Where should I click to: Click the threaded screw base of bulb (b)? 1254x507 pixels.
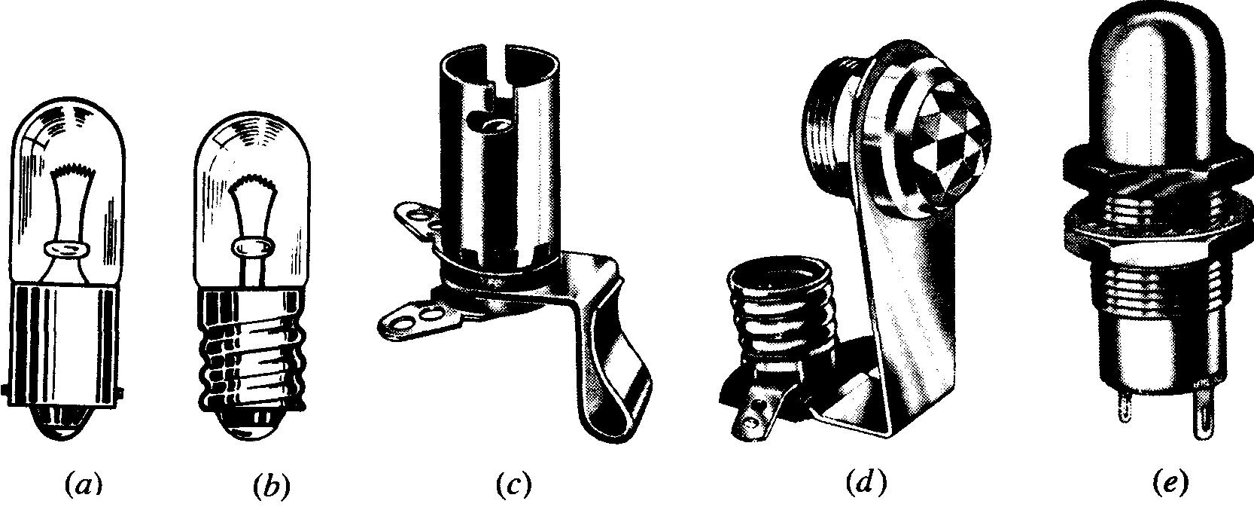(252, 353)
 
